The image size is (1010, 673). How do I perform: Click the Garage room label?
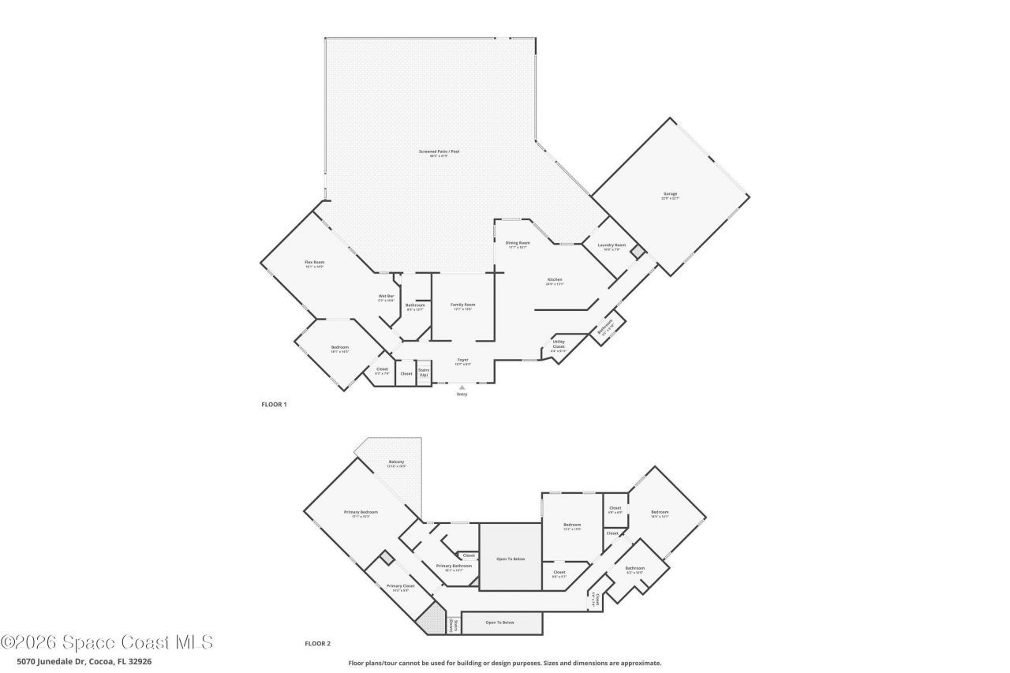click(670, 194)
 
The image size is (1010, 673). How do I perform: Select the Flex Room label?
click(315, 262)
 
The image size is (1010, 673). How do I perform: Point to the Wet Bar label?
click(386, 297)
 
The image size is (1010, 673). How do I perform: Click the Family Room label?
click(463, 305)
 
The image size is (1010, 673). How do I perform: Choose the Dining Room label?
click(518, 243)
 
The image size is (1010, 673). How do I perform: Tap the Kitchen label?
click(555, 280)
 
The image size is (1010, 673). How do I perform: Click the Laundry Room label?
click(612, 245)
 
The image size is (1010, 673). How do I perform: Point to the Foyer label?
click(462, 360)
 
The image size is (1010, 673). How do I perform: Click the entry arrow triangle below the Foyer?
click(462, 387)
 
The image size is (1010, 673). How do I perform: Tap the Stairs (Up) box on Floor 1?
click(424, 372)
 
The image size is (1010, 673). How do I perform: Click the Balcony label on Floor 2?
click(397, 462)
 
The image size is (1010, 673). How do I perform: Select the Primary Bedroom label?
click(357, 513)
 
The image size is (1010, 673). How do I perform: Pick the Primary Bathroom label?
click(454, 566)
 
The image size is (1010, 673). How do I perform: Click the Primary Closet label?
click(400, 586)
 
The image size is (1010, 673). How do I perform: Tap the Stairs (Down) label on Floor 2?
click(453, 625)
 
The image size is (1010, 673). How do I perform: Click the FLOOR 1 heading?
click(274, 405)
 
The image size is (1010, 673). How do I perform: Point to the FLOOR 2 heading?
click(317, 644)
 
